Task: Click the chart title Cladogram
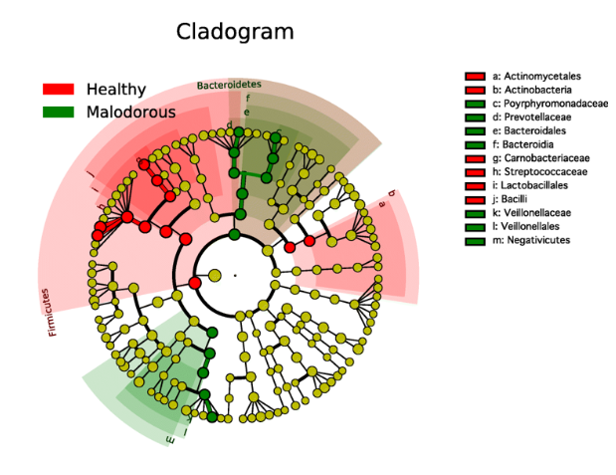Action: click(x=235, y=32)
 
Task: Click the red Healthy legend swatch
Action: click(x=58, y=90)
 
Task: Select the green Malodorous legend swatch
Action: click(x=58, y=112)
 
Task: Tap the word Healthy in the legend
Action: click(x=116, y=90)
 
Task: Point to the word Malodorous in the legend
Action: click(x=131, y=112)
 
